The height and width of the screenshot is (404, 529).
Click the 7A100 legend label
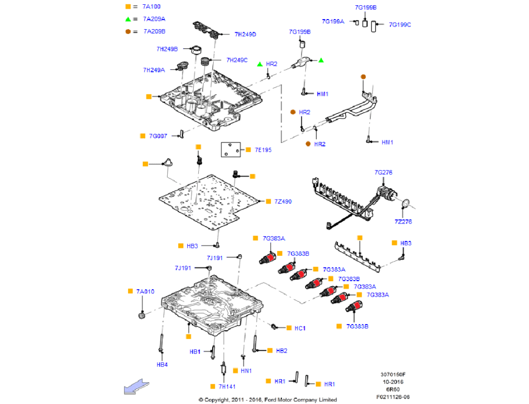151,7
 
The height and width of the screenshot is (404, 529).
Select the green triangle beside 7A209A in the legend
128,19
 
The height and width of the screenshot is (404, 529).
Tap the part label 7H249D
245,34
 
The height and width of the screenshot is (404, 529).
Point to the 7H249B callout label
167,49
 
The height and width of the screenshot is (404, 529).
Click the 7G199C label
399,24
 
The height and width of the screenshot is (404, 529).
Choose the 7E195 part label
262,150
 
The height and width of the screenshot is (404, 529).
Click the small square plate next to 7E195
230,150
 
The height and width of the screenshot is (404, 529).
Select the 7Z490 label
282,202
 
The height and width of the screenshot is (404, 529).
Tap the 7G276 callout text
383,173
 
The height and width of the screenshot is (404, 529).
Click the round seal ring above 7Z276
405,204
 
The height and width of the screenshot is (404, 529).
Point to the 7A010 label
145,292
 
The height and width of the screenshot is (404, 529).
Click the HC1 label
299,328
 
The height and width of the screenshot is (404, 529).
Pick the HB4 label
162,364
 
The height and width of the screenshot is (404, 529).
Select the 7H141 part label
228,387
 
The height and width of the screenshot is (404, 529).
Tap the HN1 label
246,371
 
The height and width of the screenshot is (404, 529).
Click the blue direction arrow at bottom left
134,387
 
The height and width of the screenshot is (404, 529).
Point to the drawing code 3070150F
392,374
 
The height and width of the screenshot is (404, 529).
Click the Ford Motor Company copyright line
267,400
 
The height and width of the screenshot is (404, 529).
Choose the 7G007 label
158,136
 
